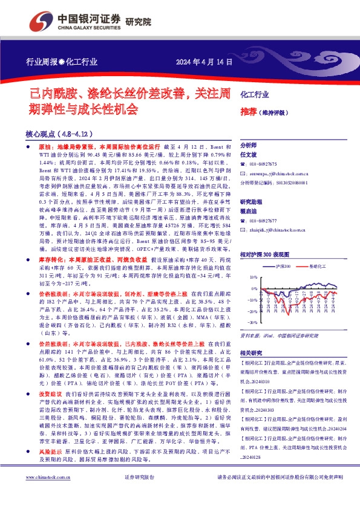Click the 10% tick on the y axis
pyautogui.click(x=254, y=276)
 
